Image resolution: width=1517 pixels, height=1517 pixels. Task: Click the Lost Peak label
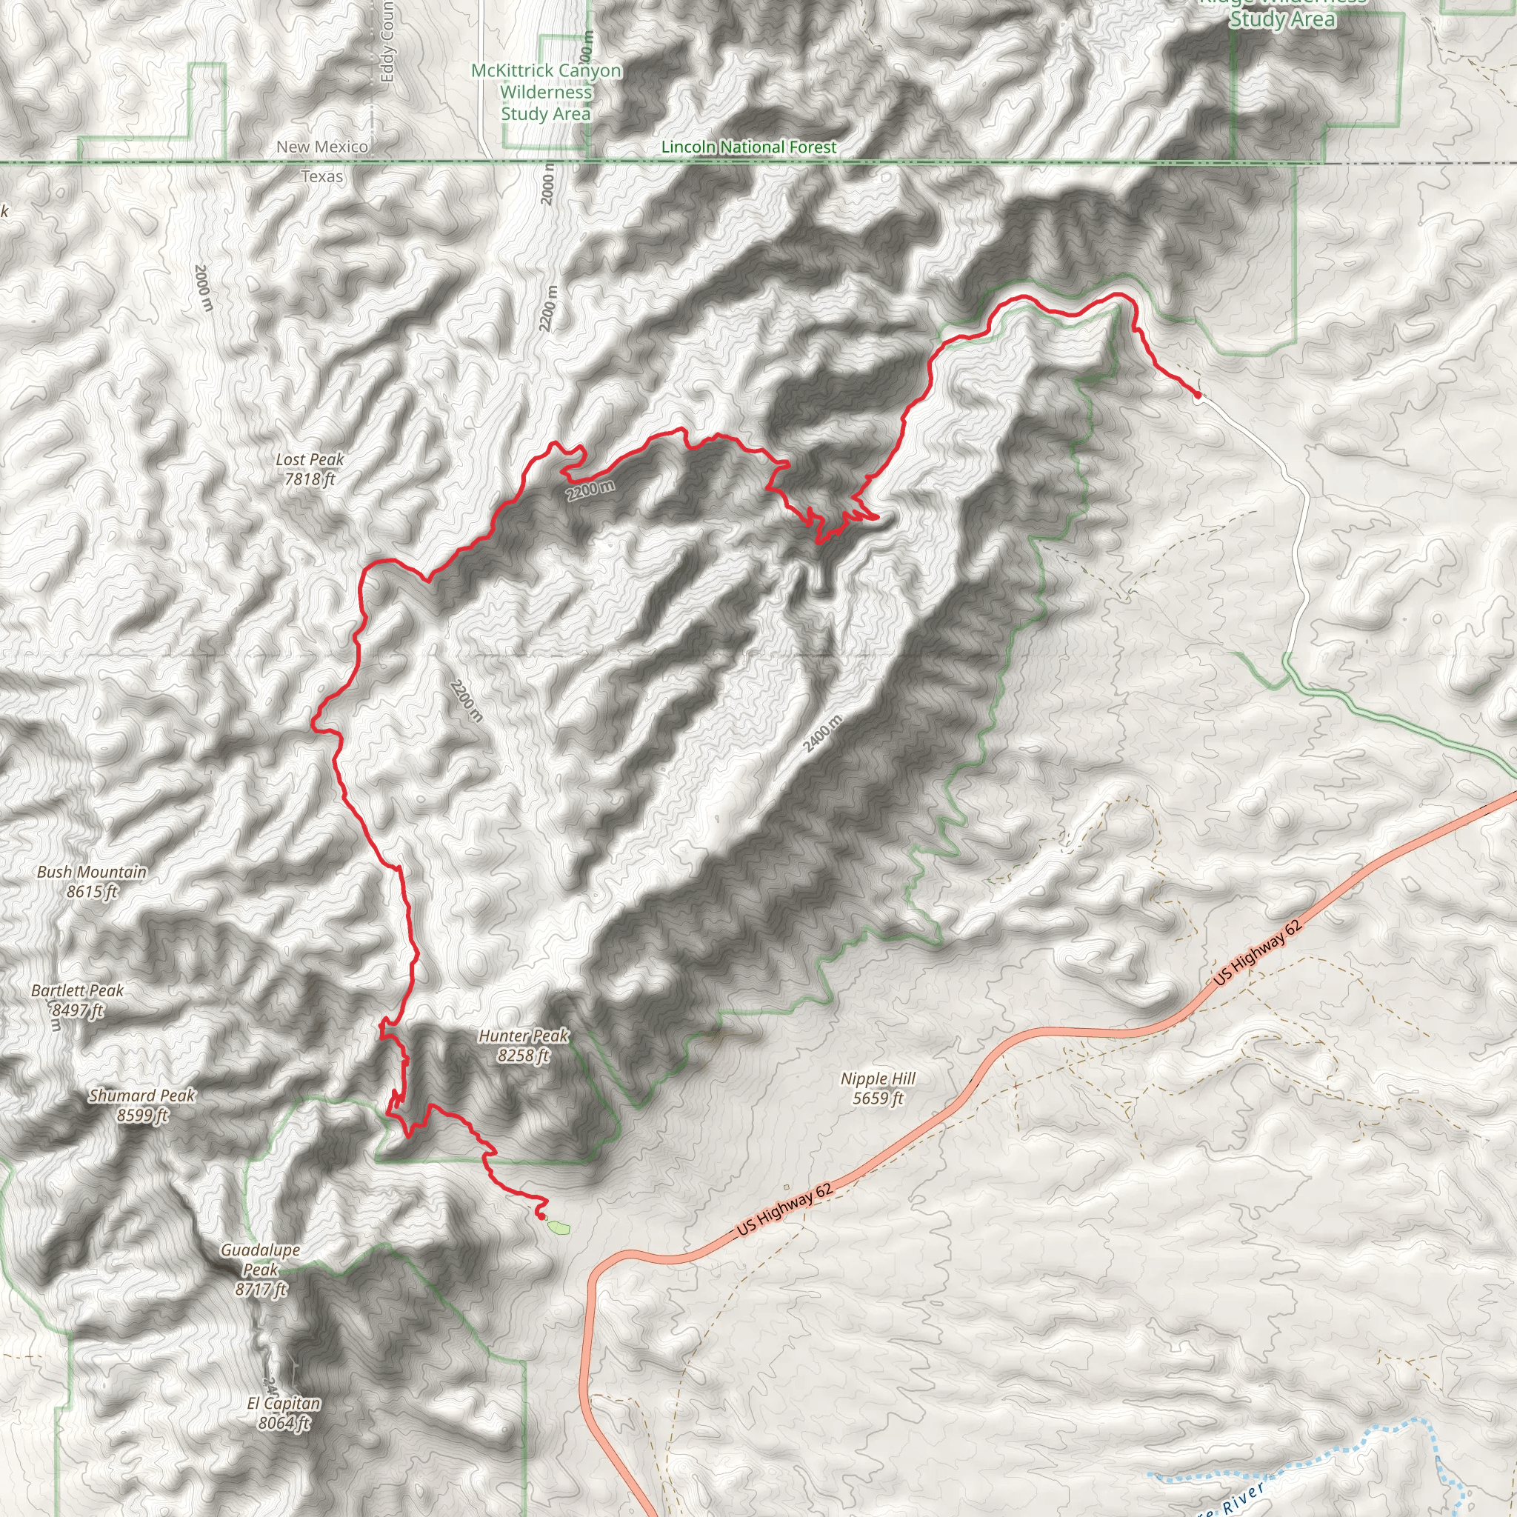pyautogui.click(x=310, y=469)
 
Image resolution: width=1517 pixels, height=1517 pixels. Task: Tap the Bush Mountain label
pyautogui.click(x=92, y=881)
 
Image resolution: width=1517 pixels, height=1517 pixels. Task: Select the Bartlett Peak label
pyautogui.click(x=77, y=999)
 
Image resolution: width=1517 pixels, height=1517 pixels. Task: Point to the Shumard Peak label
pyautogui.click(x=142, y=1104)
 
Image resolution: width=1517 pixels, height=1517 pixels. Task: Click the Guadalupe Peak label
pyautogui.click(x=261, y=1269)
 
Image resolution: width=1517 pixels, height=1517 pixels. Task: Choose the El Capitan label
pyautogui.click(x=284, y=1413)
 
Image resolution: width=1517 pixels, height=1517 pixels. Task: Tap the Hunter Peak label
pyautogui.click(x=524, y=1045)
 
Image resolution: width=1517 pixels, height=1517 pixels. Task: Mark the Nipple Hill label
pyautogui.click(x=878, y=1088)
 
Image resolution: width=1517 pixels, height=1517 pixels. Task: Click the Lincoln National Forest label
pyautogui.click(x=748, y=147)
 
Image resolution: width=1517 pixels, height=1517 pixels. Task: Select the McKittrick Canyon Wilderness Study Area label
pyautogui.click(x=546, y=92)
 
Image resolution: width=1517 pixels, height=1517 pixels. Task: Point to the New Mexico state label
pyautogui.click(x=322, y=147)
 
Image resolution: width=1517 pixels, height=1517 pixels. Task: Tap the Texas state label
pyautogui.click(x=322, y=177)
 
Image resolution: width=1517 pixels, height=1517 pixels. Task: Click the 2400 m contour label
pyautogui.click(x=823, y=733)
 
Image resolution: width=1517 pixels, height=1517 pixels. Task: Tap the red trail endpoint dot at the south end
pyautogui.click(x=541, y=1216)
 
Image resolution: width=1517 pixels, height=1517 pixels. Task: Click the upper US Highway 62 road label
pyautogui.click(x=1257, y=953)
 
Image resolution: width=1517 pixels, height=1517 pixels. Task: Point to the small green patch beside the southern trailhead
pyautogui.click(x=558, y=1226)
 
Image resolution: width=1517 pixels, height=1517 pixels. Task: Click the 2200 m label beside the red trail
pyautogui.click(x=590, y=490)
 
